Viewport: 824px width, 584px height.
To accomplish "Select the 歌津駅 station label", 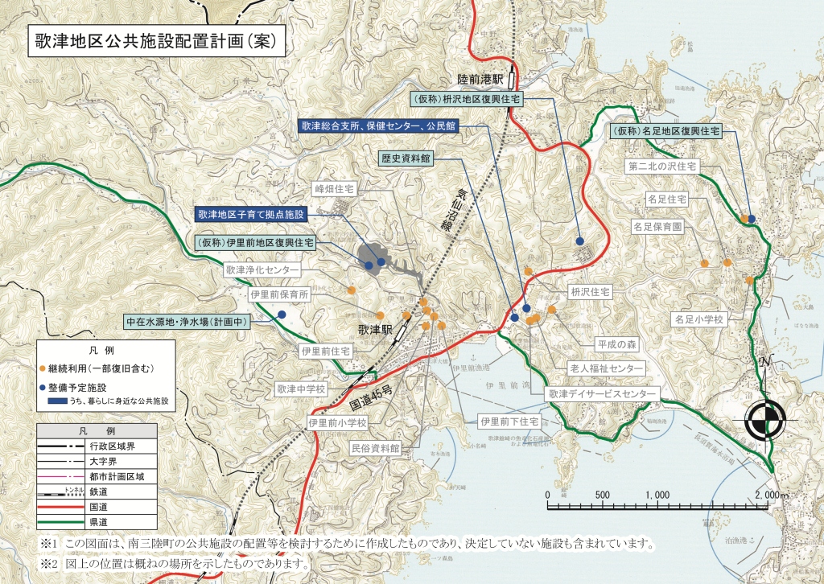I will coord(375,331).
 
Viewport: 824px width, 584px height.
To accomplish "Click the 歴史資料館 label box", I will coord(406,159).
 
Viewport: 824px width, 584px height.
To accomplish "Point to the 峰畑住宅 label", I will coord(335,187).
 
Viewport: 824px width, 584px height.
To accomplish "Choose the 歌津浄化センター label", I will coord(262,271).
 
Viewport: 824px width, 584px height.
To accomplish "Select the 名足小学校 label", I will coord(700,319).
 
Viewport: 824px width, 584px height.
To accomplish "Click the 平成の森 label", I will coord(616,343).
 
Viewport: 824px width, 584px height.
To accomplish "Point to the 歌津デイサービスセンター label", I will coord(604,394).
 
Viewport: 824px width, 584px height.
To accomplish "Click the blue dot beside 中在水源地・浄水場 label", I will coord(282,314).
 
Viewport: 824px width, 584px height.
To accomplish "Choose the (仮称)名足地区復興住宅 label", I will coord(665,129).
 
